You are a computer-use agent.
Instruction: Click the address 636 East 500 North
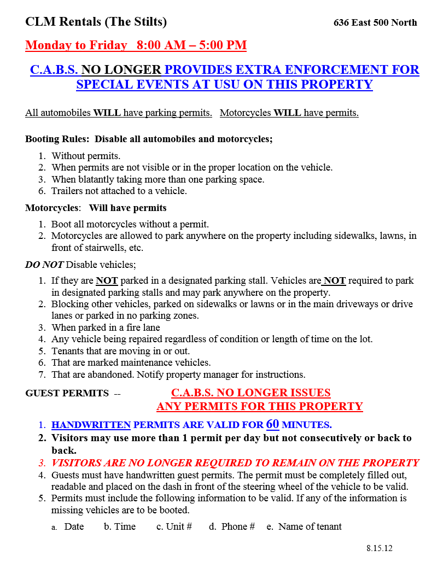coord(375,22)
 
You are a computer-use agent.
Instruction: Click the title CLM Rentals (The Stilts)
coord(96,21)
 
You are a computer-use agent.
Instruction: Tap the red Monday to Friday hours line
coord(136,45)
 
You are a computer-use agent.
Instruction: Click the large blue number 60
coord(272,424)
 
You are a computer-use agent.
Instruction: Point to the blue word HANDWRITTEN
coord(91,425)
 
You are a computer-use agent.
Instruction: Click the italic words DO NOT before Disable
coord(44,265)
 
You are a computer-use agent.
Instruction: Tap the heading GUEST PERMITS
coord(67,393)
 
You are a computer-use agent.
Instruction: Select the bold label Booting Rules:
coord(58,139)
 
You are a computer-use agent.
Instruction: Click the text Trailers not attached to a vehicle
coord(119,191)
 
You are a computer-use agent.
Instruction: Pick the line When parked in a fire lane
coord(106,327)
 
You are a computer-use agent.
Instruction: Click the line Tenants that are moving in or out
coord(120,351)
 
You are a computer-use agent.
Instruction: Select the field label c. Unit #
coord(174,526)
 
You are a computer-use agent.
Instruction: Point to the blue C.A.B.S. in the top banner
coord(54,70)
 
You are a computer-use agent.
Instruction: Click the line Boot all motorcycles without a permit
coord(130,224)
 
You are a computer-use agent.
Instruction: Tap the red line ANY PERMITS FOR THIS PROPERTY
coord(260,406)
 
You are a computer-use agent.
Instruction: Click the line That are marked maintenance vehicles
coord(131,362)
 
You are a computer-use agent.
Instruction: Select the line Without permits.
coord(86,156)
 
